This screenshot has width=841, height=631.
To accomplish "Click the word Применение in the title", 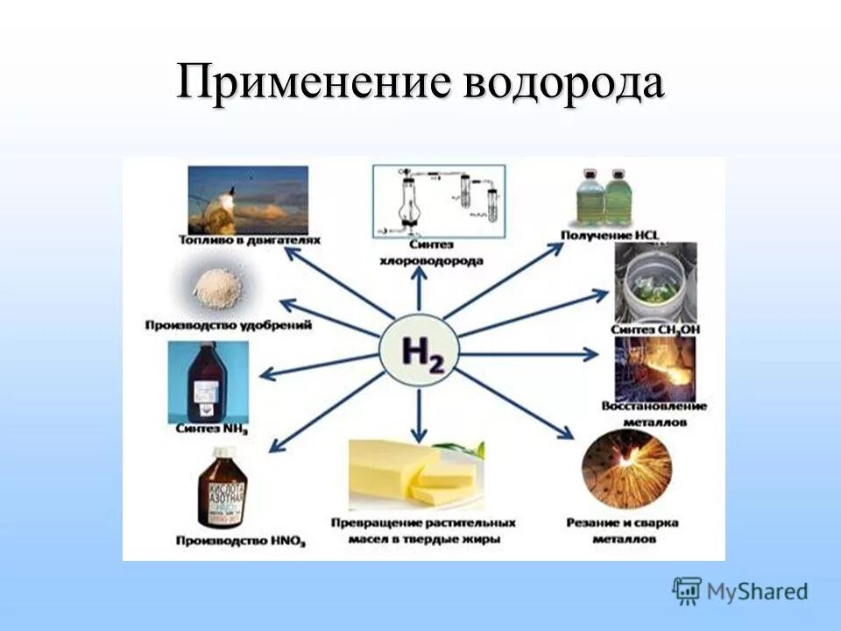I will coord(314,85).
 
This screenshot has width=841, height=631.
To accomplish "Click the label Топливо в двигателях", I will coord(249,239).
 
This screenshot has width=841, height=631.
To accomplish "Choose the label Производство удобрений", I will coord(230,326).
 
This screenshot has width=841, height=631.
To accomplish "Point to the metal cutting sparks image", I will coord(626,470).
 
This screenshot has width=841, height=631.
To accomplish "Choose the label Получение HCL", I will coord(610,236).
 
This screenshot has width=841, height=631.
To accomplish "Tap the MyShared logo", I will coord(740,592).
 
